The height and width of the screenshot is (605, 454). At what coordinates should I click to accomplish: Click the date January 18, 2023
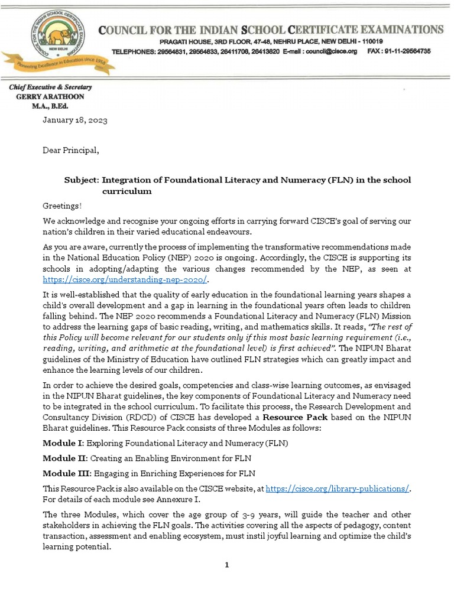pos(74,120)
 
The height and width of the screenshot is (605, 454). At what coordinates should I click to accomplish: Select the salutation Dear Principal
pos(70,150)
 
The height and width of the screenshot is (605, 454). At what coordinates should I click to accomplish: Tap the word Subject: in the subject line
pos(82,180)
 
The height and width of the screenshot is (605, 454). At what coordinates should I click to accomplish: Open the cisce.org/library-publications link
pos(337,489)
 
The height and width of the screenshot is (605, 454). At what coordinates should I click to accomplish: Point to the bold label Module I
pos(63,443)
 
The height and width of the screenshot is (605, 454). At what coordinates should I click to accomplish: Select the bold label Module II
pos(64,458)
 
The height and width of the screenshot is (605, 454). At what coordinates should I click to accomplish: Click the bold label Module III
pos(66,473)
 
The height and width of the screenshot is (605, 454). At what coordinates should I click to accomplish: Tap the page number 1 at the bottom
pos(226,565)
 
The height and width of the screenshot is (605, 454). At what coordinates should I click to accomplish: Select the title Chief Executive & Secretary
pos(50,87)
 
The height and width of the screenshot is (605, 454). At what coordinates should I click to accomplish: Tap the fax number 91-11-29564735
pos(410,51)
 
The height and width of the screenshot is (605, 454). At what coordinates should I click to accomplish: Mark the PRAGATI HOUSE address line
pos(271,41)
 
